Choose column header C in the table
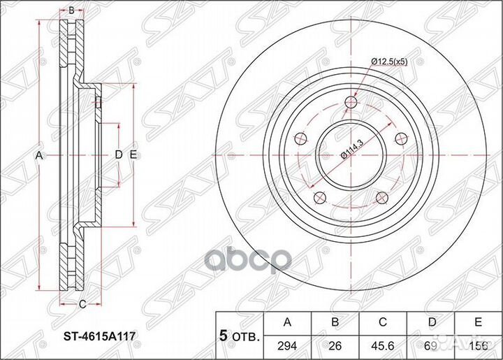382,322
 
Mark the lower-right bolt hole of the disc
382,198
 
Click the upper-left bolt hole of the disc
300,138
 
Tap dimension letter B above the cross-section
71,10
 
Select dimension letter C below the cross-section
82,303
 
